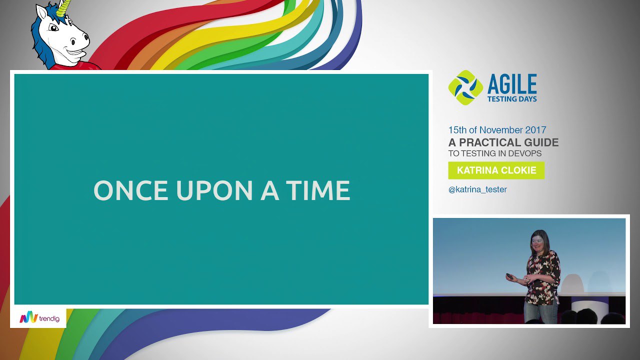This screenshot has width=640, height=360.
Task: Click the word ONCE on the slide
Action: [x=130, y=190]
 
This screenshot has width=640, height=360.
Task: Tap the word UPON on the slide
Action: [x=214, y=190]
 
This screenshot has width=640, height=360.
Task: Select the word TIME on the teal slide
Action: [x=318, y=190]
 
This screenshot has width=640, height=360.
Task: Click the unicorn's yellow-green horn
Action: [x=64, y=7]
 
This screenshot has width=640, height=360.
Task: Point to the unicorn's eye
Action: [x=53, y=27]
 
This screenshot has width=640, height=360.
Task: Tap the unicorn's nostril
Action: [x=85, y=37]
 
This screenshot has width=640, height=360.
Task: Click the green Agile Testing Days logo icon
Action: [x=465, y=87]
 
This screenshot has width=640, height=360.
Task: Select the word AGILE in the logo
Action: [x=512, y=84]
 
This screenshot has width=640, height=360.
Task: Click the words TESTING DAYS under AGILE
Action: [x=512, y=99]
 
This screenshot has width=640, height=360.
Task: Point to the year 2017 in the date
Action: [x=535, y=130]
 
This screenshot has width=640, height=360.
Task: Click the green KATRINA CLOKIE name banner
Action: [x=496, y=170]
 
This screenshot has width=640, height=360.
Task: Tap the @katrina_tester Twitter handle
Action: [x=477, y=189]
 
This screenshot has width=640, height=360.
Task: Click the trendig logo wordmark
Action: [x=49, y=318]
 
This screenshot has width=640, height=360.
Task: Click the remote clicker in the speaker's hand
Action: [x=509, y=276]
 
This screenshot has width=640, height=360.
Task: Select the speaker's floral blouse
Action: [x=543, y=277]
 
